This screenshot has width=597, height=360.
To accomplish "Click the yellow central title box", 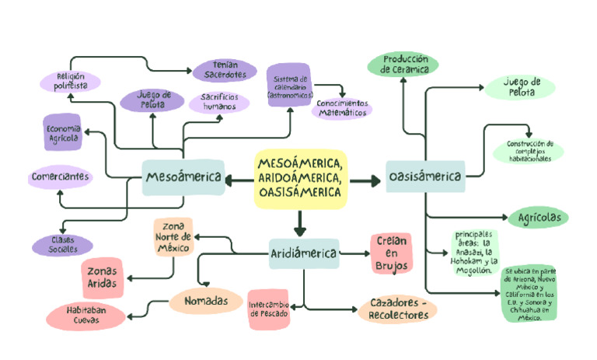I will pos(300,179).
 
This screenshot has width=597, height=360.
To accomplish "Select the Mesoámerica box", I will pos(183,178).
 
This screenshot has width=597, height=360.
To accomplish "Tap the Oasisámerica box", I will pos(424,178).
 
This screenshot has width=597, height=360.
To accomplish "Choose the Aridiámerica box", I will pos(304,253).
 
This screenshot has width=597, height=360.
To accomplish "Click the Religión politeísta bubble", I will pos(71,81).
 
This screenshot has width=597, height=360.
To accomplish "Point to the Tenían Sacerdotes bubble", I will pos(225,70).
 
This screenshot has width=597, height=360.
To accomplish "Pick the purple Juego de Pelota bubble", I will pos(153,100).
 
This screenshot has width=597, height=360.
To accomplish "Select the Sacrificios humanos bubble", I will pos(219,102).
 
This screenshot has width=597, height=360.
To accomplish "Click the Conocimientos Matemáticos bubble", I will pos(342,108).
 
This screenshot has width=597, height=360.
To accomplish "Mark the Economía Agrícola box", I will pos(62,133).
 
